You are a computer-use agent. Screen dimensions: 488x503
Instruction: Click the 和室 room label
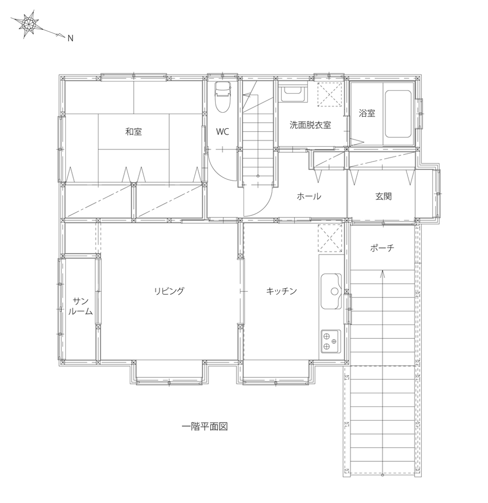[133, 131]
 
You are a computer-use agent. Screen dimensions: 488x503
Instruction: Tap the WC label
[222, 131]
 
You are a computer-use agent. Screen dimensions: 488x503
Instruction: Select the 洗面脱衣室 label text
[310, 125]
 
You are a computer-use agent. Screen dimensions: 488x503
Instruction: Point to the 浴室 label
[367, 113]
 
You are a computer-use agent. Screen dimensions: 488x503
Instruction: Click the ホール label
[309, 196]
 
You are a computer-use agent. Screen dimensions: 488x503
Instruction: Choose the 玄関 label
[383, 196]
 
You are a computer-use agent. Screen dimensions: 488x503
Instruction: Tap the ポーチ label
[382, 247]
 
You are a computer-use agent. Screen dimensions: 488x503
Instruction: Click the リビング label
[169, 291]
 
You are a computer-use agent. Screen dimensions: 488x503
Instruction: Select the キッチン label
[281, 291]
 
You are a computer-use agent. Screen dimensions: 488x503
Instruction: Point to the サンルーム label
[80, 306]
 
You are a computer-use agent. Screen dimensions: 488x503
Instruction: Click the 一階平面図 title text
[205, 427]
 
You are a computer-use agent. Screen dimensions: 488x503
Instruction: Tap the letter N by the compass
[70, 38]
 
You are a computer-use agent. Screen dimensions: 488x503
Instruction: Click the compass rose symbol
[29, 24]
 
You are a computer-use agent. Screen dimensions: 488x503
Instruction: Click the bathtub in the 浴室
[398, 114]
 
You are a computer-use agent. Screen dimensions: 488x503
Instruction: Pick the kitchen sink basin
[332, 291]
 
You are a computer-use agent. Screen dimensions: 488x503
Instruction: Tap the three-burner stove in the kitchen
[331, 341]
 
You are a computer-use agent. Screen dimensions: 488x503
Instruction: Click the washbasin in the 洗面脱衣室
[293, 93]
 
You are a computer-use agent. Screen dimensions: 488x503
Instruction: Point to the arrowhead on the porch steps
[382, 273]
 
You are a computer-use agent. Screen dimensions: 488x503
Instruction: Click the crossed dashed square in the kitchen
[330, 238]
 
